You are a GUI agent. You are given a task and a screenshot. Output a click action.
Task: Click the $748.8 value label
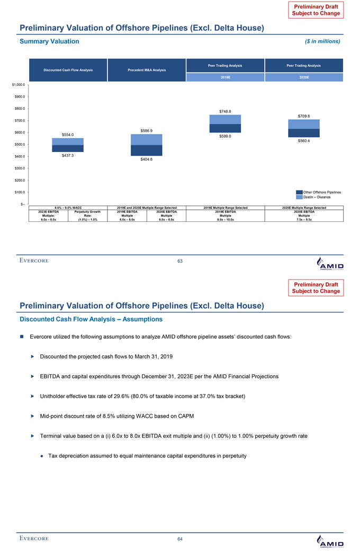pos(225,111)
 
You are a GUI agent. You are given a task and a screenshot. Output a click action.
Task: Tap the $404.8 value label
pos(147,160)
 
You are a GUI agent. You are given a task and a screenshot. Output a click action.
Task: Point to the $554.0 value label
pos(67,134)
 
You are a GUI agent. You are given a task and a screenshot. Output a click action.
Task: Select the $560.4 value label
pos(304,141)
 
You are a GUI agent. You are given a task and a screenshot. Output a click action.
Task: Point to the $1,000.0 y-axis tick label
pos(16,85)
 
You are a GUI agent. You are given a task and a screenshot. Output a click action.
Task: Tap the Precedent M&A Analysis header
pos(147,70)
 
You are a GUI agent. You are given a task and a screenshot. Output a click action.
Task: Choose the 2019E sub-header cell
pos(225,77)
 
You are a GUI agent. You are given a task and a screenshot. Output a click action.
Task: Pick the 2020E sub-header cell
pos(304,77)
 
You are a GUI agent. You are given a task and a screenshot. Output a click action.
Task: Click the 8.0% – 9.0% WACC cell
pos(68,208)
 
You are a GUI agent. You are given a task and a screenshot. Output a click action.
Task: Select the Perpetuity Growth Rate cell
pos(88,216)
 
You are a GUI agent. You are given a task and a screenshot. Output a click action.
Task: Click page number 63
pos(180,260)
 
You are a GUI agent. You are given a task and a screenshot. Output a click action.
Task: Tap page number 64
pos(180,539)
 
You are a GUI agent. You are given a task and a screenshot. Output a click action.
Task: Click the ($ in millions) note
pos(320,41)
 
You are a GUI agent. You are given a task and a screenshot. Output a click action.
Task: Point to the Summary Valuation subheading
pos(49,41)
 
